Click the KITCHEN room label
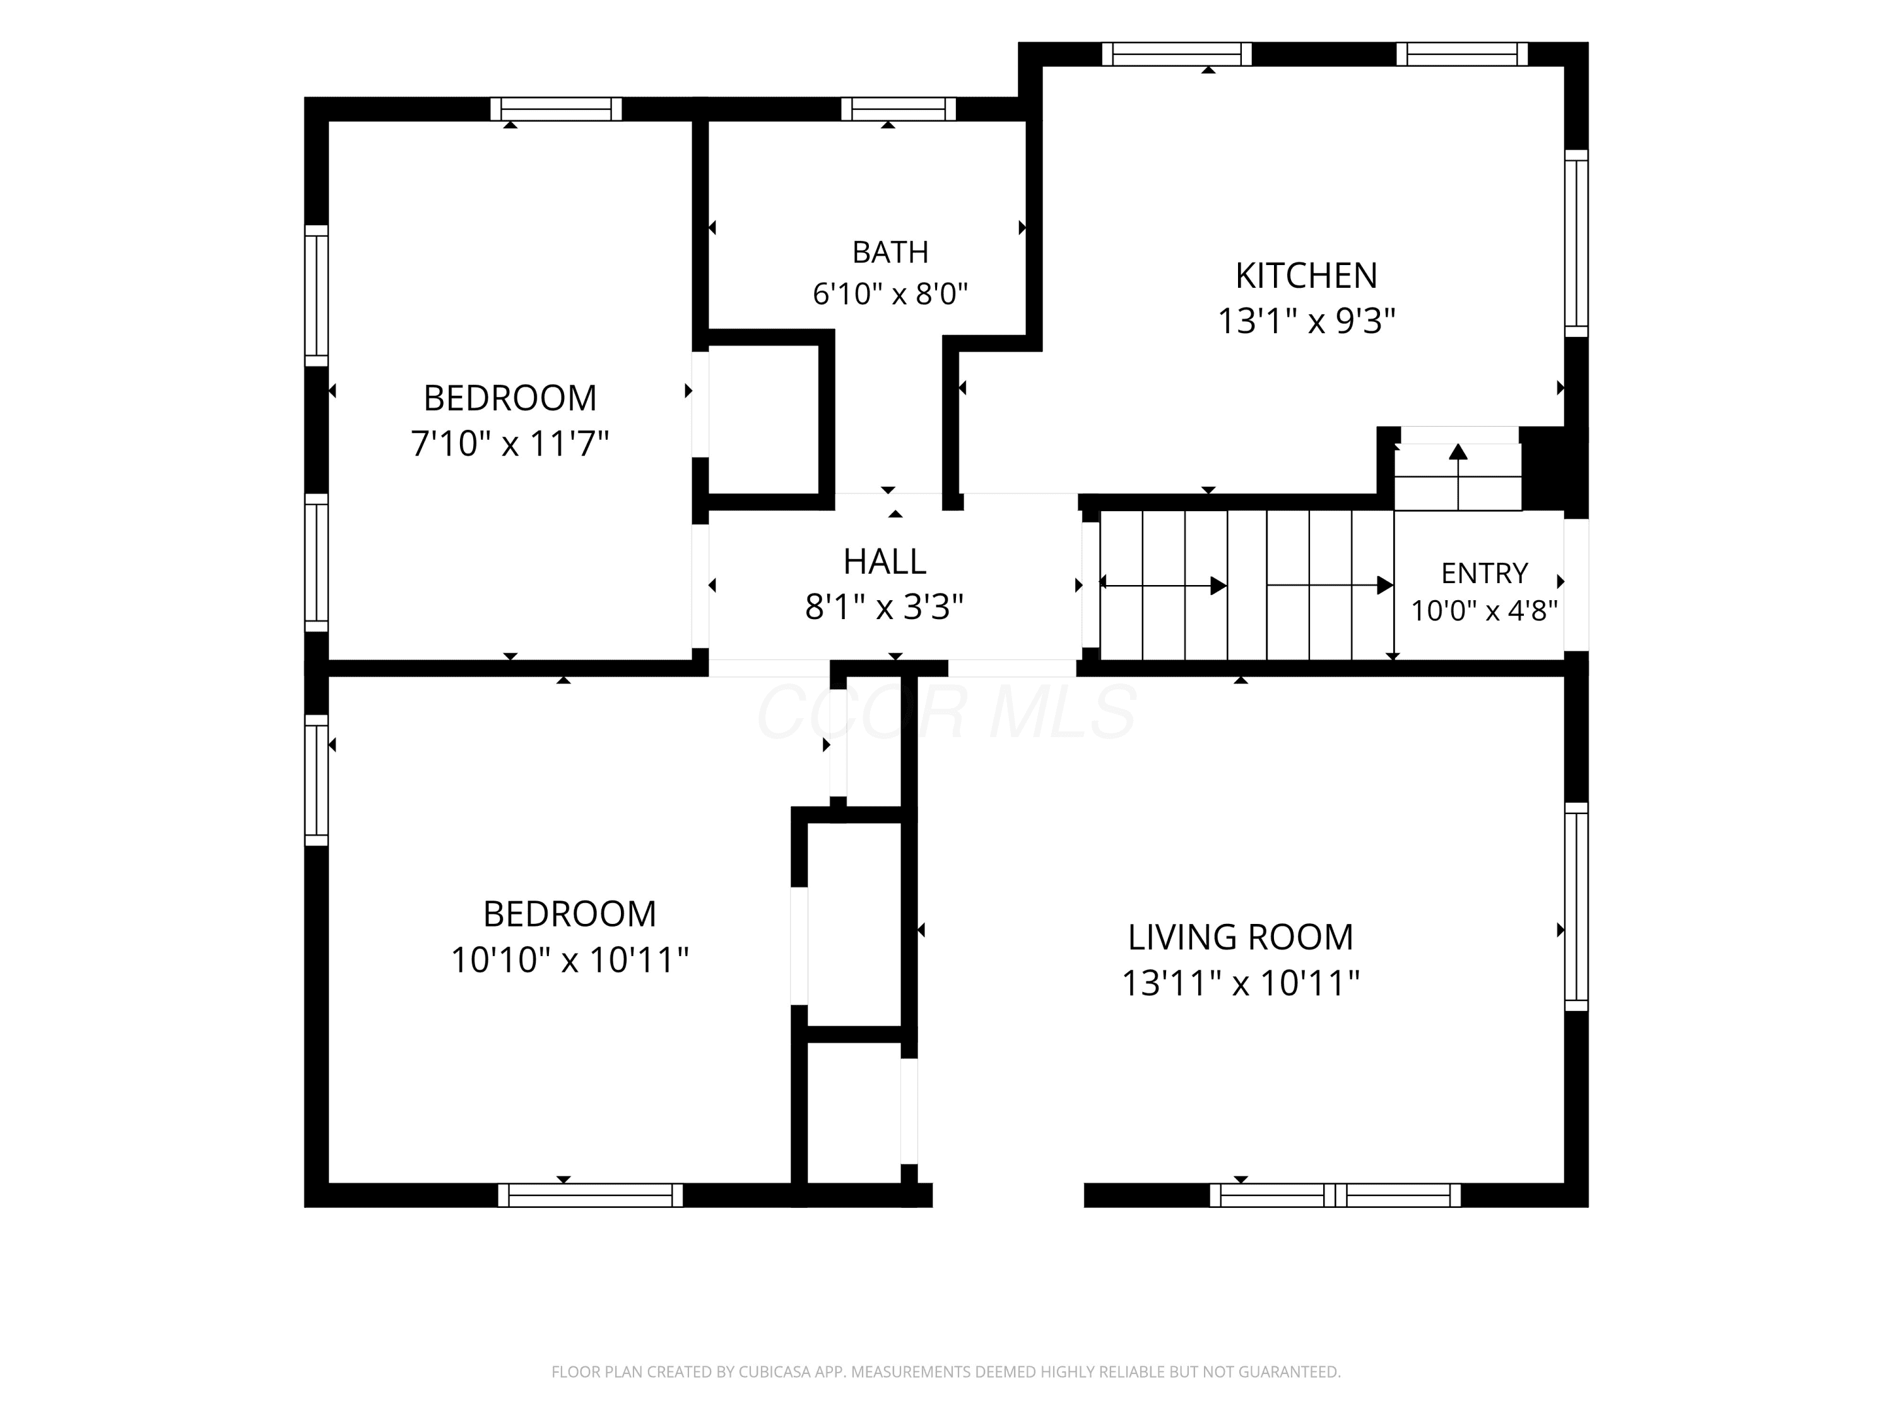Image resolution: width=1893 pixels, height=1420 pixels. click(x=1306, y=276)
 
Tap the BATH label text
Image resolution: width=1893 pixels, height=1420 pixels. click(x=890, y=252)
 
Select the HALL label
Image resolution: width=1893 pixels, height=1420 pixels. click(x=885, y=562)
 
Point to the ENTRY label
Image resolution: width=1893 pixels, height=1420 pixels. click(x=1485, y=572)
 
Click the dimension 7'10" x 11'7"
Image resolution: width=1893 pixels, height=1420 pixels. click(x=510, y=444)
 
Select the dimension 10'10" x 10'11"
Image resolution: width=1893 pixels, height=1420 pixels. click(x=570, y=959)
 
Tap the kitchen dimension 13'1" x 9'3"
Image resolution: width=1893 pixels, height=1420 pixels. click(x=1306, y=322)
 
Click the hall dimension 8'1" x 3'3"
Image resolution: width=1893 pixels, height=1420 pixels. click(x=885, y=608)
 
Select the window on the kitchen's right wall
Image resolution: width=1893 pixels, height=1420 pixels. click(x=1576, y=244)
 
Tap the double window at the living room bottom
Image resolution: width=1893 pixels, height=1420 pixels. click(x=1335, y=1195)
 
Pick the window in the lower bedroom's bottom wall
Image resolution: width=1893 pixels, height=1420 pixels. click(x=591, y=1195)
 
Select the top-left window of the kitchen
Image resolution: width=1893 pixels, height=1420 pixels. click(x=1177, y=54)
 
